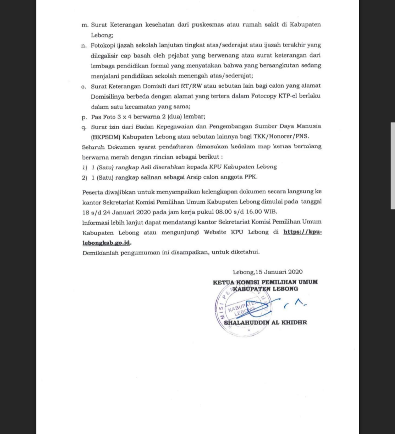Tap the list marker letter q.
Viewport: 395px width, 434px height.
click(84, 127)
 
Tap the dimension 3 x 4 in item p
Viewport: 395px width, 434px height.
click(125, 117)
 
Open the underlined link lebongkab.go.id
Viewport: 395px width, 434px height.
click(106, 243)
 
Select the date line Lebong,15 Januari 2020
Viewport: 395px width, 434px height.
click(267, 272)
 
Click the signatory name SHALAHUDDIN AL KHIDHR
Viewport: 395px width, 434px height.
click(265, 322)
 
